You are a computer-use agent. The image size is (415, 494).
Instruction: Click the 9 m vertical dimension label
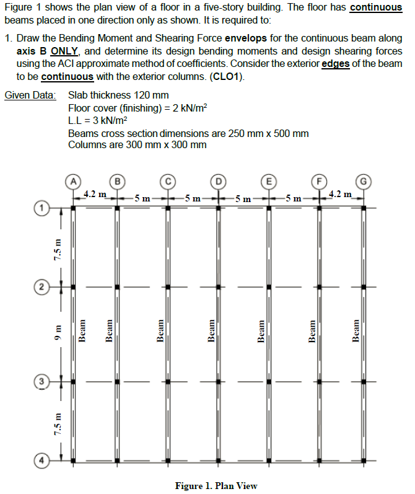[56, 335]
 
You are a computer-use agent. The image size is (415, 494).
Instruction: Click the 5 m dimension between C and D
[193, 199]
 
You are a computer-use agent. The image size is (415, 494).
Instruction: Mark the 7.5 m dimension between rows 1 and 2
[56, 248]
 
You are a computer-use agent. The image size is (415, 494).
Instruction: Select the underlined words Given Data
[30, 95]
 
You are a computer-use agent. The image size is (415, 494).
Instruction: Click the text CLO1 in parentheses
[228, 77]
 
